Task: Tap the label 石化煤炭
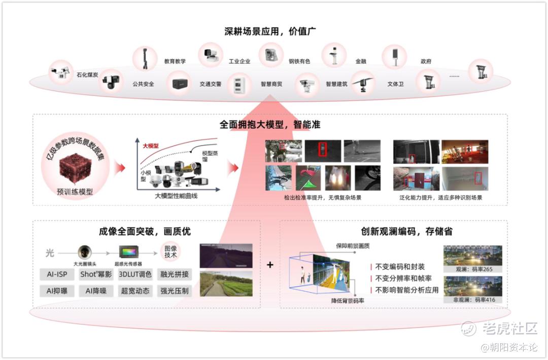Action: pos(87,75)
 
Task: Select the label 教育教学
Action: pos(175,61)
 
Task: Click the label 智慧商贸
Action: pos(271,84)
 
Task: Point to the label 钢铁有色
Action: pos(299,61)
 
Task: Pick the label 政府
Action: pos(426,61)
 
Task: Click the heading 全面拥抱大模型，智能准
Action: pos(270,124)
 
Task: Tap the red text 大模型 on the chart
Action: pos(151,146)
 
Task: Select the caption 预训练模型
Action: pos(75,192)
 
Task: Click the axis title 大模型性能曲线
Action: pos(175,195)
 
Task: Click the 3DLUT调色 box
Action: pos(135,274)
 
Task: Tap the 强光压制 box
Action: pos(175,291)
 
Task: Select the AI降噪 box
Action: pos(96,291)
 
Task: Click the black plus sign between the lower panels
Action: pos(270,265)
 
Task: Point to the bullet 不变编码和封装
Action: pos(400,267)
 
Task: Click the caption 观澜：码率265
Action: pos(473,269)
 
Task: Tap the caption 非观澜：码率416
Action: pos(473,300)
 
